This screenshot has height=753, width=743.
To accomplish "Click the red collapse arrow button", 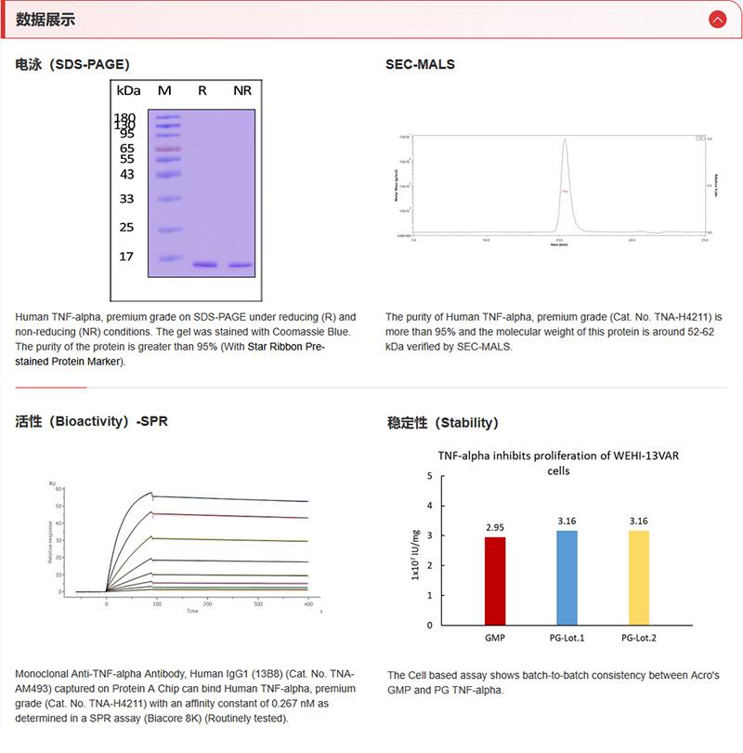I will click(716, 19).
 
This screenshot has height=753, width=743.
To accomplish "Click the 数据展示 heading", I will click(46, 20).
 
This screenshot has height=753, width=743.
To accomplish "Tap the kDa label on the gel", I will click(128, 90).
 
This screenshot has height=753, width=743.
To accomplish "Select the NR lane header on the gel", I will click(241, 90).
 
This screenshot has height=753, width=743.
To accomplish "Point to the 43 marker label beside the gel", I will click(127, 175).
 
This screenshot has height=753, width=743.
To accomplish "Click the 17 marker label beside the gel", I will click(127, 257).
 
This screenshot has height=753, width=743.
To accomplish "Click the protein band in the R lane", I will click(204, 265).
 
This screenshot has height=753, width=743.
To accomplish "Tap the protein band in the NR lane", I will click(241, 265).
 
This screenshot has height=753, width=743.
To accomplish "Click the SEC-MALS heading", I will click(420, 65).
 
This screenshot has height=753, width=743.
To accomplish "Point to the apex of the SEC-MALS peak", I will click(565, 140).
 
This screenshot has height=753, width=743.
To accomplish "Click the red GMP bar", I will click(495, 580).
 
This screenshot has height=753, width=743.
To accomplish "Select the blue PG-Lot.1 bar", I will click(567, 576).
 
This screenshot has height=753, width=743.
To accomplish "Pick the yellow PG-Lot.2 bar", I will click(639, 576).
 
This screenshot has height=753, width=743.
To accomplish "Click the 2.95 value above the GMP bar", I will click(495, 527).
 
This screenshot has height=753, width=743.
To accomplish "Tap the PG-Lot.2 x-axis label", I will click(639, 638).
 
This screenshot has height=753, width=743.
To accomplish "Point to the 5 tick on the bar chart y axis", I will click(429, 476).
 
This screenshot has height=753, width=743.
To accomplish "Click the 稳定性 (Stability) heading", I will click(442, 423).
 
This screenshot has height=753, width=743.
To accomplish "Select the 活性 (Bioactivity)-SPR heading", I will click(92, 421).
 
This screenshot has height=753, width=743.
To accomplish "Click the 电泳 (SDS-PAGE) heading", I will click(72, 65).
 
